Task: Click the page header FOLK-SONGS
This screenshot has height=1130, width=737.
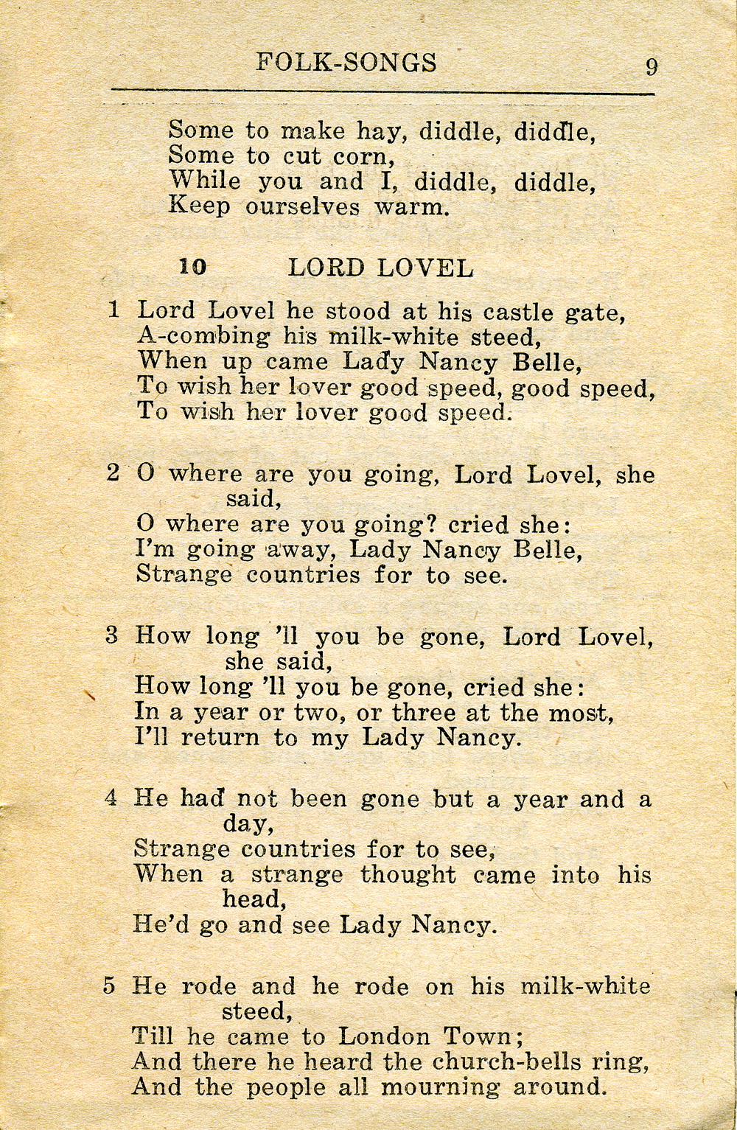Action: click(x=346, y=63)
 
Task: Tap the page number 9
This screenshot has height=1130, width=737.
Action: click(x=652, y=67)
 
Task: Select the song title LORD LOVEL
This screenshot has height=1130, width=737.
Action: click(x=380, y=268)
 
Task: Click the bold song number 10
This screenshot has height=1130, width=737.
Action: click(x=193, y=267)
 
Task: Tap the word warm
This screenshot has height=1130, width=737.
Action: click(x=412, y=206)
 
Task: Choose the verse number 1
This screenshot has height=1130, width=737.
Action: click(x=113, y=309)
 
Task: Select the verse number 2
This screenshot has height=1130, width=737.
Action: click(x=113, y=472)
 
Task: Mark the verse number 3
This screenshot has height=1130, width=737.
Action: click(x=112, y=635)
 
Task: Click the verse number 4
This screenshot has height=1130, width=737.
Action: click(x=111, y=797)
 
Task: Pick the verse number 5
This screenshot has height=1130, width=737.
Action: click(x=109, y=985)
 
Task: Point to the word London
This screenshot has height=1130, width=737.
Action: click(x=385, y=1036)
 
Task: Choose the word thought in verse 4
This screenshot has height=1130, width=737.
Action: click(x=408, y=875)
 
